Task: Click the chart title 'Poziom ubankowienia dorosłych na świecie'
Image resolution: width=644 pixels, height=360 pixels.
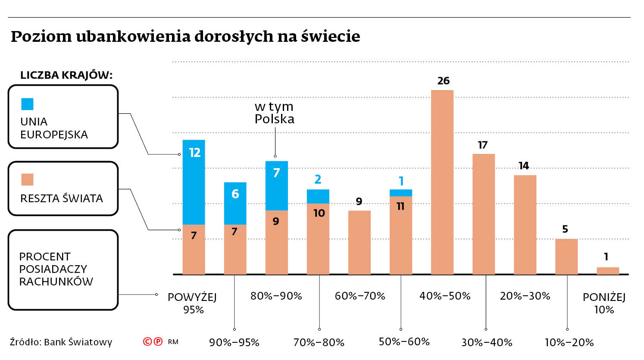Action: click(185, 36)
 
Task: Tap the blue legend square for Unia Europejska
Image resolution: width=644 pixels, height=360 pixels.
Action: click(27, 104)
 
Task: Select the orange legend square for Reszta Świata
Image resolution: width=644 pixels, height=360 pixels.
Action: click(27, 179)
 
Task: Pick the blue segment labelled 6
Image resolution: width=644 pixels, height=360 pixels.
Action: click(235, 203)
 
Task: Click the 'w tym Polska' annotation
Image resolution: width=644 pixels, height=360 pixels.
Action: click(274, 113)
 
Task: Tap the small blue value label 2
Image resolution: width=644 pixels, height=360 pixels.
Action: click(318, 179)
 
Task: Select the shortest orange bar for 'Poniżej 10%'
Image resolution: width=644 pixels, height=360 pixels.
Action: click(608, 271)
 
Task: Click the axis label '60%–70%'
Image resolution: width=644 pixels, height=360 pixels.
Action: click(360, 296)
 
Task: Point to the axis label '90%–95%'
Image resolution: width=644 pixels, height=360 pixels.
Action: click(234, 343)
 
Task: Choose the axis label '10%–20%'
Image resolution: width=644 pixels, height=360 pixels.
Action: click(569, 343)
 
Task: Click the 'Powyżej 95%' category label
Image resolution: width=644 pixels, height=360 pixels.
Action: click(192, 303)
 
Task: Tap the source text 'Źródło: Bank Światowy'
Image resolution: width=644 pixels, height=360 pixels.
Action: click(61, 342)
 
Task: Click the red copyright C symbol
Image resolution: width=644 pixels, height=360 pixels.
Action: click(147, 342)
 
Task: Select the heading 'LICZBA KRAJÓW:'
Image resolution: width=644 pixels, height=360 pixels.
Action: click(66, 75)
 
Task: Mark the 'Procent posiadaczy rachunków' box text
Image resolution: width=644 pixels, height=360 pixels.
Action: click(56, 269)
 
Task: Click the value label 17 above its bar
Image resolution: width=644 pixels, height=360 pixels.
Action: click(483, 145)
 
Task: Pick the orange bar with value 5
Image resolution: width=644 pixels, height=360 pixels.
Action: click(566, 257)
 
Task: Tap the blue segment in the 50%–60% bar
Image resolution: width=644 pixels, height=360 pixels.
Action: click(401, 193)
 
